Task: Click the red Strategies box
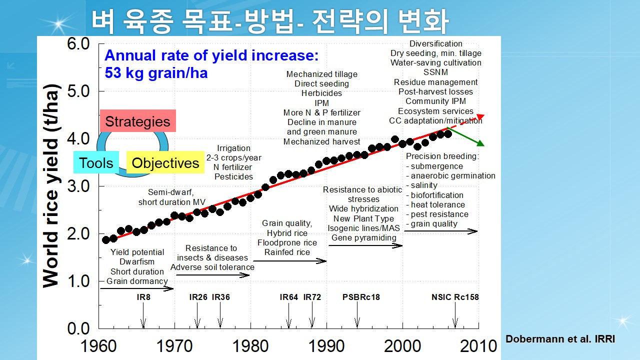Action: [137, 121]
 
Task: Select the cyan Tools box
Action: [96, 163]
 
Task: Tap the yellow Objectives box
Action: [165, 163]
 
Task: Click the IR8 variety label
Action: [144, 297]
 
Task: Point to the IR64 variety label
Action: [289, 297]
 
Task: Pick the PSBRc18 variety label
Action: [361, 297]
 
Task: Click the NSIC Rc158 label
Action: [455, 297]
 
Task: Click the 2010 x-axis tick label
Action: [478, 345]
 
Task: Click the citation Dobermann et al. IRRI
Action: [560, 339]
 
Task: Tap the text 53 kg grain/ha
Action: [156, 73]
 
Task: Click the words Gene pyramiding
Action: [363, 237]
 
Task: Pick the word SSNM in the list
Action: [435, 72]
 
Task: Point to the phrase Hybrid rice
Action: [287, 233]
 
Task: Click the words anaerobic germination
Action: [452, 175]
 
